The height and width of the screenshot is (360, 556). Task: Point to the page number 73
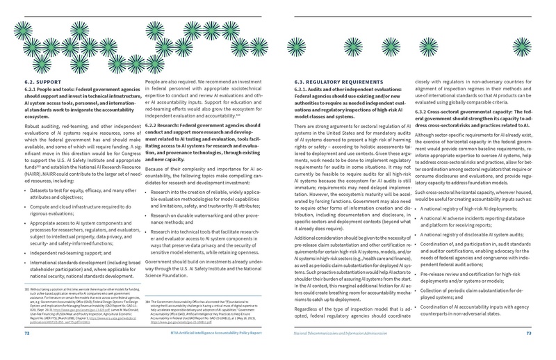pyautogui.click(x=528, y=334)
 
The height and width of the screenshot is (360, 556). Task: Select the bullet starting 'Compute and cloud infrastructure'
pyautogui.click(x=76, y=206)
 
